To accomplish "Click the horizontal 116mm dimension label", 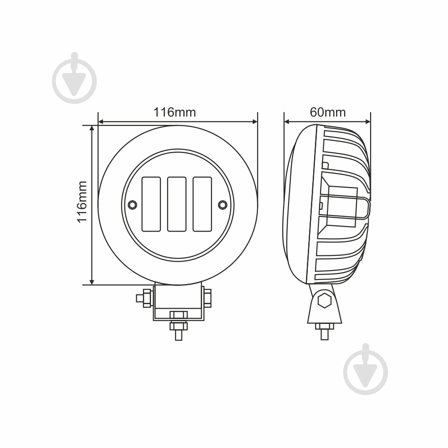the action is coord(175,112).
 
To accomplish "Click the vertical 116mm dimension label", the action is coord(82,202).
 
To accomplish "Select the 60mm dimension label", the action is coord(328,112).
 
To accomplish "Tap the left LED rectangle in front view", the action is coord(151,204).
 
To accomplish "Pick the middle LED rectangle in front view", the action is coord(177,204).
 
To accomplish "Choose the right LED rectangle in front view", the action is coord(202,204).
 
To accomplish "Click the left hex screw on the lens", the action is coord(132,205).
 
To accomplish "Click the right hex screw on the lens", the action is coord(223,205).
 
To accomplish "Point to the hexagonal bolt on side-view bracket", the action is coord(324,300).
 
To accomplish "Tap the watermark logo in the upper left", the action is coord(74,78).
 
